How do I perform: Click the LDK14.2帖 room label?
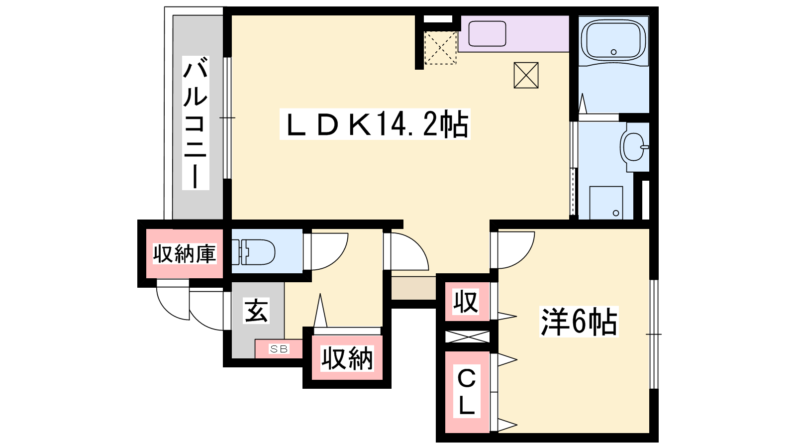point(375,124)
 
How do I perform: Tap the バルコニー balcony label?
point(196,123)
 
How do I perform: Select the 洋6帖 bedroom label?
point(579,322)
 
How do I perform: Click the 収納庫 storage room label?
point(185,254)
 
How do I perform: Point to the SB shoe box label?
point(279,349)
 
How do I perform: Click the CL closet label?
point(467,391)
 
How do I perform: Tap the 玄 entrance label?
point(256,311)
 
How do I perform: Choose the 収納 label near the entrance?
point(347,358)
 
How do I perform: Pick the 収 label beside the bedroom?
point(466,302)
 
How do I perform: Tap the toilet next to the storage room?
point(253,252)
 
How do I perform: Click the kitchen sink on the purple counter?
point(487,34)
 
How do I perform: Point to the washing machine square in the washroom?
point(606,203)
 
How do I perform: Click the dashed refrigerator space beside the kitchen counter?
point(440,48)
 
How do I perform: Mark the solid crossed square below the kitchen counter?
point(526,75)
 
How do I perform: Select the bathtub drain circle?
point(613,52)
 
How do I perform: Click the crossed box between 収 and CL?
point(467,336)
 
